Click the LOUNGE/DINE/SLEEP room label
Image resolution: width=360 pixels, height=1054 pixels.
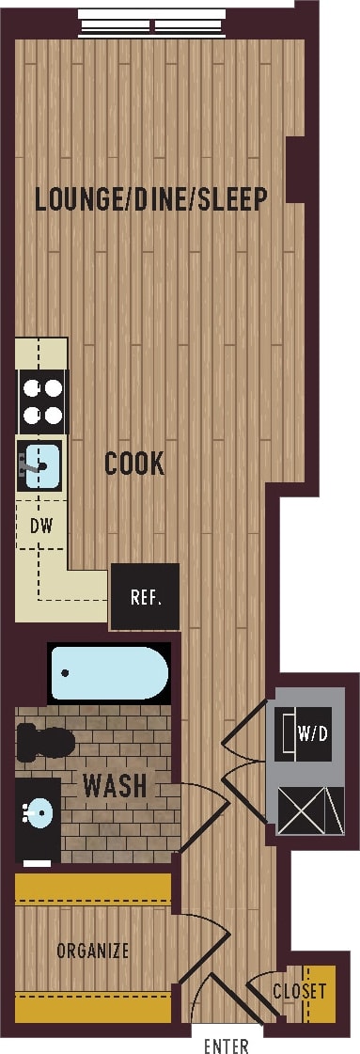point(151,199)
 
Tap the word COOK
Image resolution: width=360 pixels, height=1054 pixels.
point(134,464)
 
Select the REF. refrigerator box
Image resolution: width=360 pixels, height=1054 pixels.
point(145,597)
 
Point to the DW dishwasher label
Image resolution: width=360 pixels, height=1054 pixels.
point(40,526)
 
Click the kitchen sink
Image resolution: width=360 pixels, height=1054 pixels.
point(40,464)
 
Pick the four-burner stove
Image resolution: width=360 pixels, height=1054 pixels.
point(42,400)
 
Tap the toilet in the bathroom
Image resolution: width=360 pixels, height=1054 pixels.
point(46,743)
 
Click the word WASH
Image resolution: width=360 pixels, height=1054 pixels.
point(115,784)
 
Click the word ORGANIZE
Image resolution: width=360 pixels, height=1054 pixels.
point(92,951)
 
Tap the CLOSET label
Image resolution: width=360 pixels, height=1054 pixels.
point(300,991)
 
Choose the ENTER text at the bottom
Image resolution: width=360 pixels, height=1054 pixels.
point(227,1046)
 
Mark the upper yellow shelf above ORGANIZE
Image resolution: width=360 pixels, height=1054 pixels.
point(92,889)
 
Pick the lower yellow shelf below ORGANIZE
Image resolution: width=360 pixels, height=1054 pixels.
point(92,1005)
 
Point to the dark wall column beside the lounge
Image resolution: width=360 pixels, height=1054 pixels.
point(295,169)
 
